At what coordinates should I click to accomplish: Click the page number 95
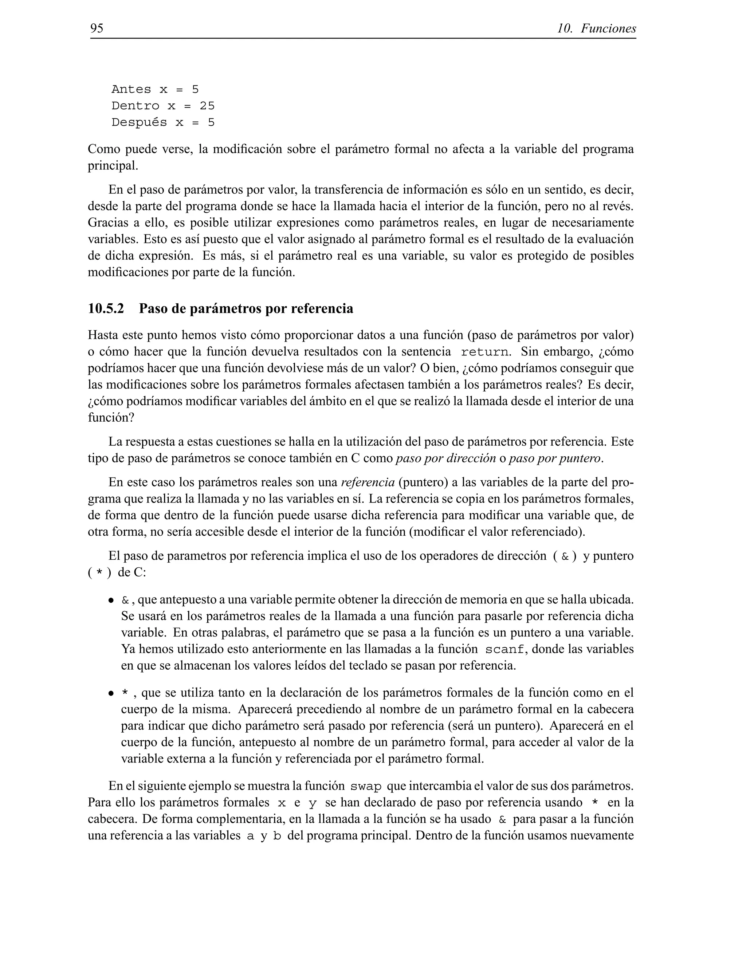(97, 29)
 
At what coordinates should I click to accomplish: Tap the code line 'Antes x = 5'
(155, 90)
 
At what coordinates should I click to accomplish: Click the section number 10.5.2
(106, 308)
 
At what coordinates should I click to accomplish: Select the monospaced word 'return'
(484, 352)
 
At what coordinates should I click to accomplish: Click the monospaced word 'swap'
(365, 787)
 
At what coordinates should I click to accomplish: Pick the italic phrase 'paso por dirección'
(445, 458)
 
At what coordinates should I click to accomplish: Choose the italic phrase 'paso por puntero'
(555, 458)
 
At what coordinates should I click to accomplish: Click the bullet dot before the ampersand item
(111, 601)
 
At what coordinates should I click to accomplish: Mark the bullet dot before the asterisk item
(111, 694)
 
